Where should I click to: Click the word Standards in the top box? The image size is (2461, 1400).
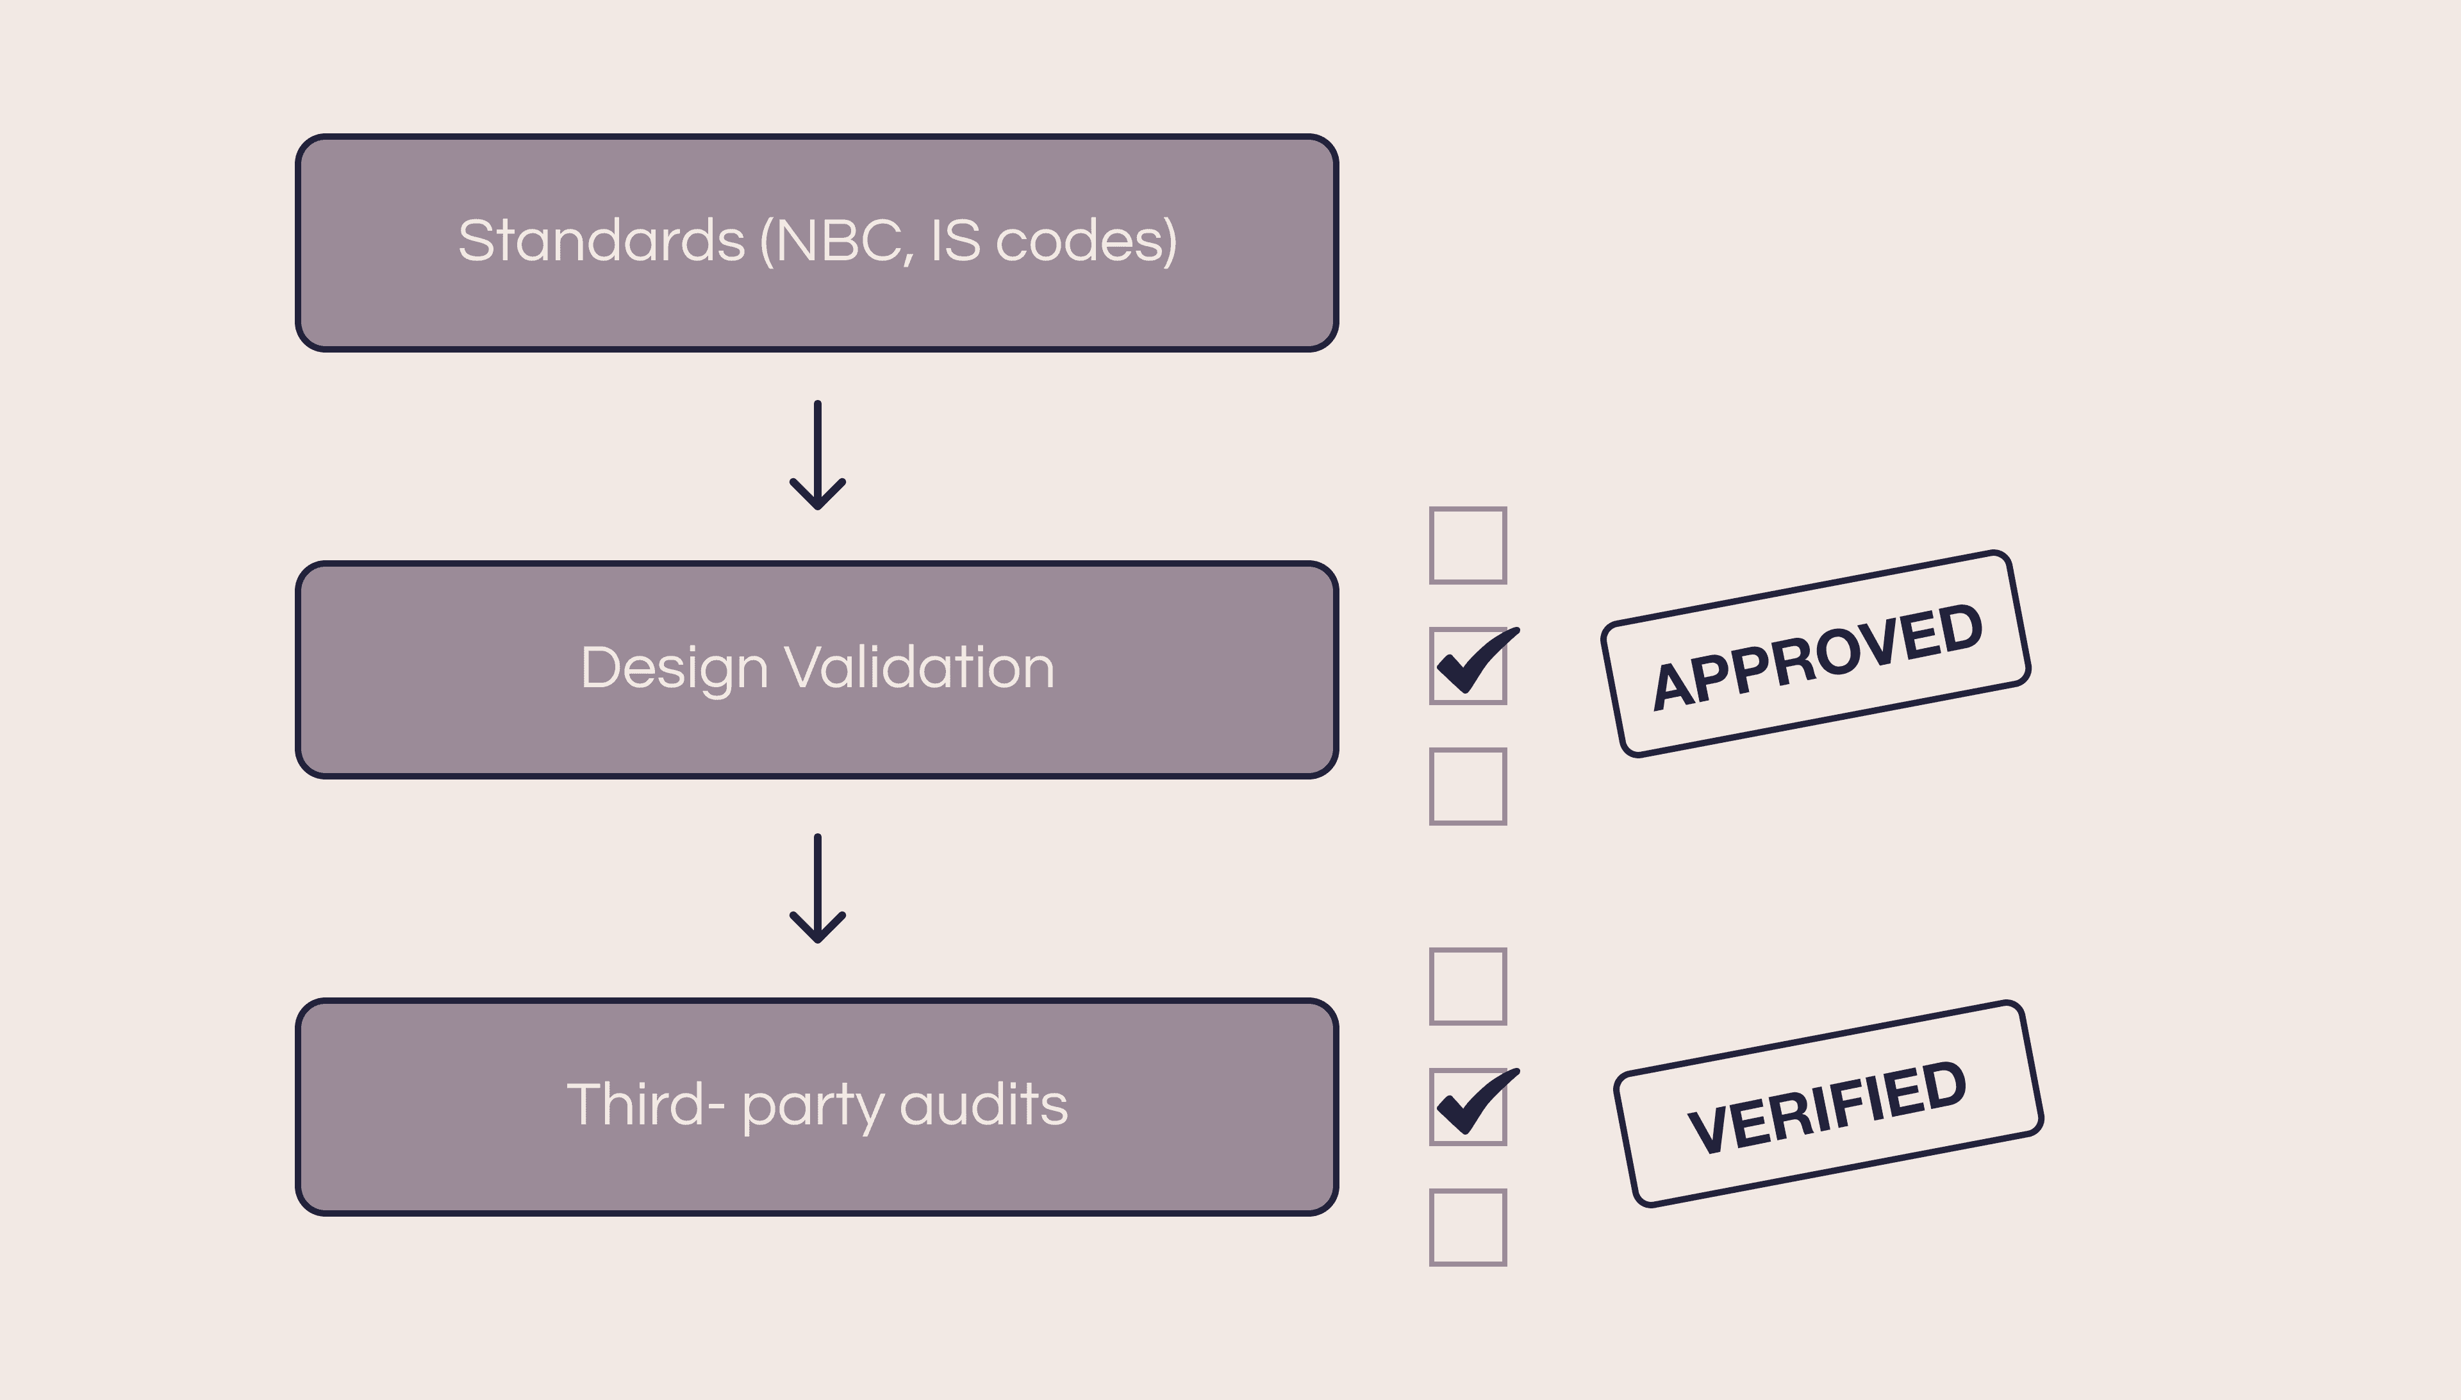click(601, 240)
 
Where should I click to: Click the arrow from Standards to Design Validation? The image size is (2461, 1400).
click(817, 455)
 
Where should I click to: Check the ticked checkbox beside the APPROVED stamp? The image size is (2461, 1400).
click(1468, 665)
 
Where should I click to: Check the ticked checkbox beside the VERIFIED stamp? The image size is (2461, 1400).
click(1468, 1106)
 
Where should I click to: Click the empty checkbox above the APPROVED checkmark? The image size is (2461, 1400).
click(1468, 545)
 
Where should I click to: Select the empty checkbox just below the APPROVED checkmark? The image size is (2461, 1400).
click(1468, 787)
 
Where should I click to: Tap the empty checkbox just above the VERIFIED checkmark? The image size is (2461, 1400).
click(1468, 987)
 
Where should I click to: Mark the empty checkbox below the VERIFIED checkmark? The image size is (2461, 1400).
click(1468, 1228)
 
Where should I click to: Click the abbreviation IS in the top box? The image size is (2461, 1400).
click(956, 240)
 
